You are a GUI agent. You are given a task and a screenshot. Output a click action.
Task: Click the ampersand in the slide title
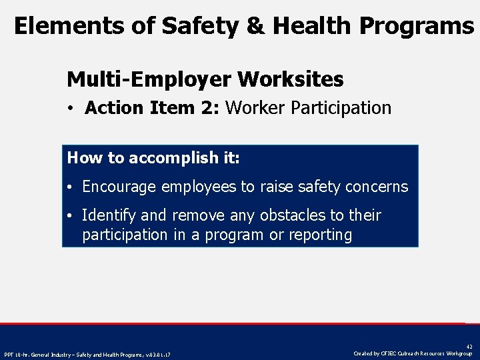257,26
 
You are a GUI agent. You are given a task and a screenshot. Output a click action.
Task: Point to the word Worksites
290,80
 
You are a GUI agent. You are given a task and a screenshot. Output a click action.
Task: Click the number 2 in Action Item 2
213,108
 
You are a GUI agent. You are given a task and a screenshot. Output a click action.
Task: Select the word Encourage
119,187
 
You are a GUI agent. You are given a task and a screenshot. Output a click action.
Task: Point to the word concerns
377,187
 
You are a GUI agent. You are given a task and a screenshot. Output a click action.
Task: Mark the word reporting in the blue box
320,235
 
